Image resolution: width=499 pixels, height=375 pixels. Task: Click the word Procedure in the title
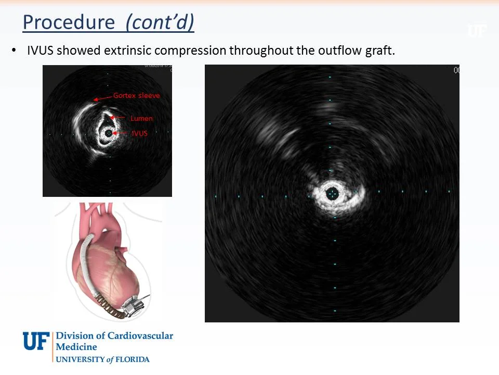coord(69,22)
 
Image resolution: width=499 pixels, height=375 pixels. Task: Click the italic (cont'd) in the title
coord(160,22)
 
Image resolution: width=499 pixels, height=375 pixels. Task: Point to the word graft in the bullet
coord(380,51)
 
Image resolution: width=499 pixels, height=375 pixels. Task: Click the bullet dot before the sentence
coord(14,51)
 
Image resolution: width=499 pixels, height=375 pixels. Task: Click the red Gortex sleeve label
coord(136,96)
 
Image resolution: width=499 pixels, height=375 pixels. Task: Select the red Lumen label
coord(141,119)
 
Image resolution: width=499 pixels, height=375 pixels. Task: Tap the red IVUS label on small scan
coord(139,134)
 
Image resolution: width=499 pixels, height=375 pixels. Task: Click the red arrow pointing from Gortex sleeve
coord(102,98)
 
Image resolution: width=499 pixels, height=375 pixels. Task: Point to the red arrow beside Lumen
coord(117,118)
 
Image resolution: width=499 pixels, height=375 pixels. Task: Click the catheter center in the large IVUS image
coord(332,194)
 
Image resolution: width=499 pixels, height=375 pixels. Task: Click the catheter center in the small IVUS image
coord(108,133)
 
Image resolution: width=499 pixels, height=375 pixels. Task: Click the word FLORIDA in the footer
coord(132,359)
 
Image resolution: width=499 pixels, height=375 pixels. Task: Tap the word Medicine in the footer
coord(76,347)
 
